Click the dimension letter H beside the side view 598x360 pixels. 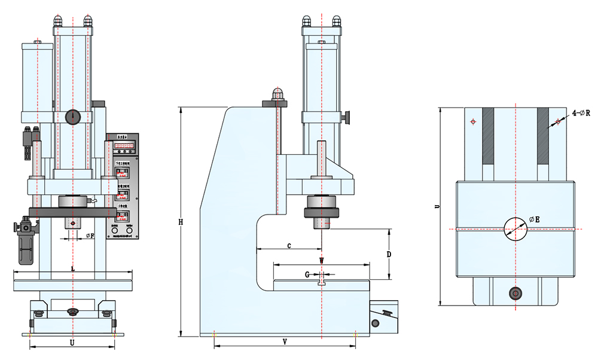[x=181, y=222]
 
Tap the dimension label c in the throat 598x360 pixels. [x=289, y=245]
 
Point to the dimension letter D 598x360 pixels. [x=389, y=254]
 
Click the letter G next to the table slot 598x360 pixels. [x=307, y=275]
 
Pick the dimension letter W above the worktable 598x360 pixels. [x=321, y=261]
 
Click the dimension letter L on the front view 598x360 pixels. [x=73, y=269]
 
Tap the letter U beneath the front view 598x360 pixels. [x=72, y=343]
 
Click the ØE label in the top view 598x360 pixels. [x=535, y=220]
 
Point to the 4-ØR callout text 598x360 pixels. [x=581, y=112]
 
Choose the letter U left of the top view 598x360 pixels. [x=437, y=206]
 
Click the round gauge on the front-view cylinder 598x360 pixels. [x=73, y=116]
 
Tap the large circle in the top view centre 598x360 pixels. [x=515, y=228]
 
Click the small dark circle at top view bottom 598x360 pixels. [x=515, y=293]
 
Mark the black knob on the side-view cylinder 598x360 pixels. [x=346, y=117]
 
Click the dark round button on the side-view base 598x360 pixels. [x=375, y=324]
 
